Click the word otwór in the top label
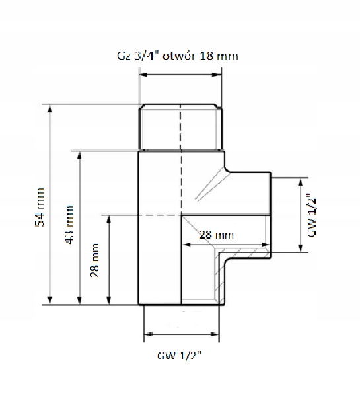coord(192,57)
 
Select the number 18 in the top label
coord(215,57)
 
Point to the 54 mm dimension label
coord(39,207)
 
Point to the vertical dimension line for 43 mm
coord(79,228)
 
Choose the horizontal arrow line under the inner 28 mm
coord(225,245)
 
